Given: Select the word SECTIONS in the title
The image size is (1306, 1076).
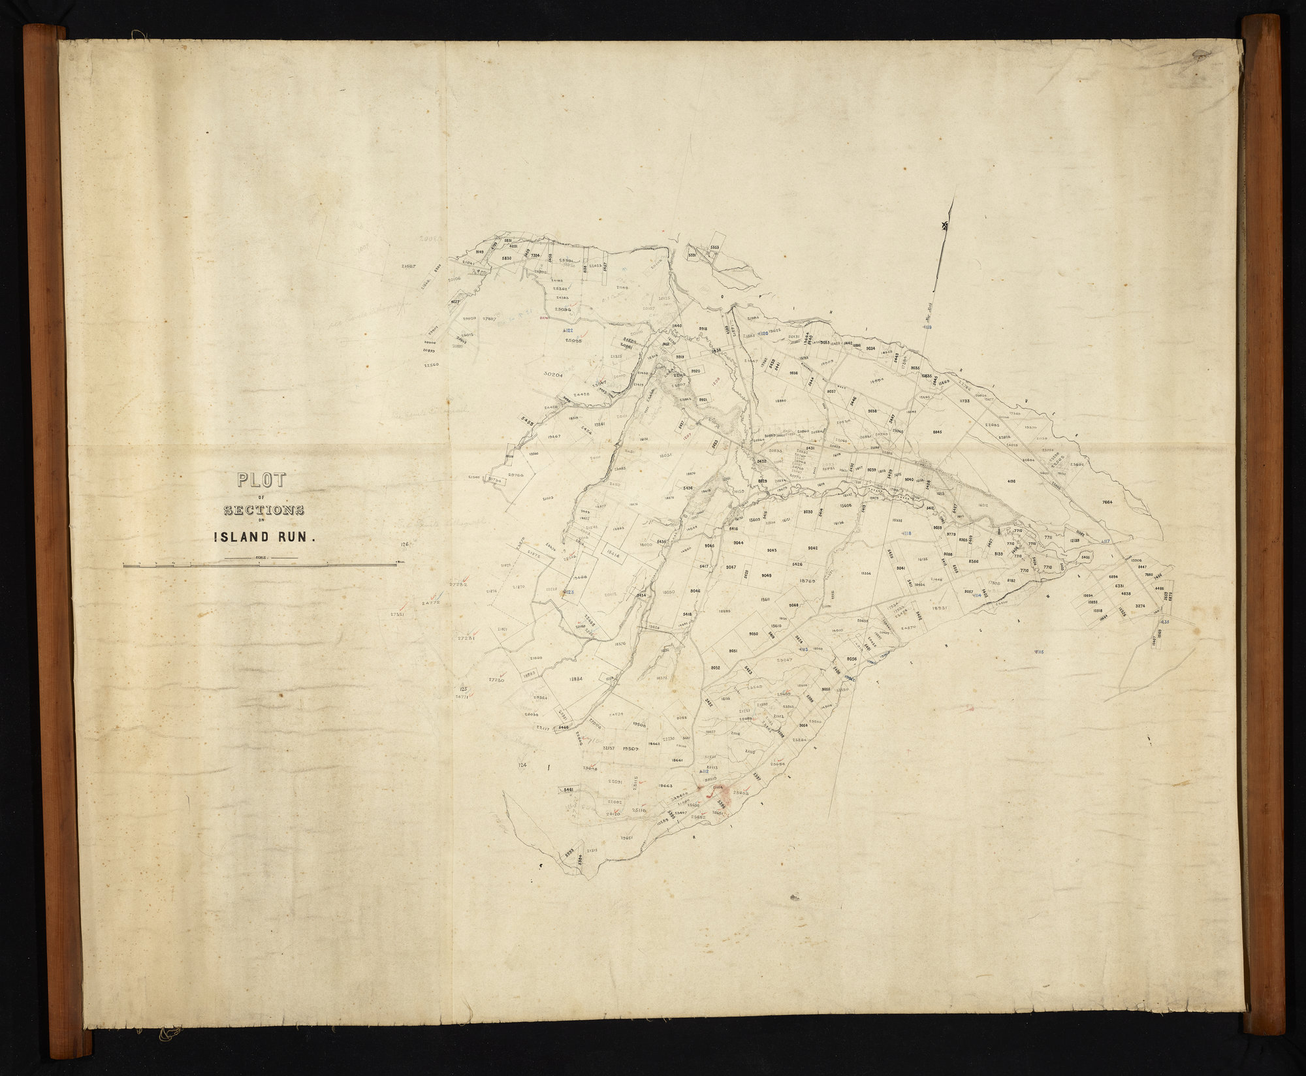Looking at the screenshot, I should click(x=264, y=510).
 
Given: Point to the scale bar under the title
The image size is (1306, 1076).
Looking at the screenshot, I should click(x=260, y=565).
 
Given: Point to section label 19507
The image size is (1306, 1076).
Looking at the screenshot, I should click(x=631, y=748).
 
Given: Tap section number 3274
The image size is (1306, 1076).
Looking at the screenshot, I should click(x=1141, y=607).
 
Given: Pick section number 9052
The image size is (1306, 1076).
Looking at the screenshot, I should click(x=715, y=668).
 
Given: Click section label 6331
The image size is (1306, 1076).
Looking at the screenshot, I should click(x=1119, y=587).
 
